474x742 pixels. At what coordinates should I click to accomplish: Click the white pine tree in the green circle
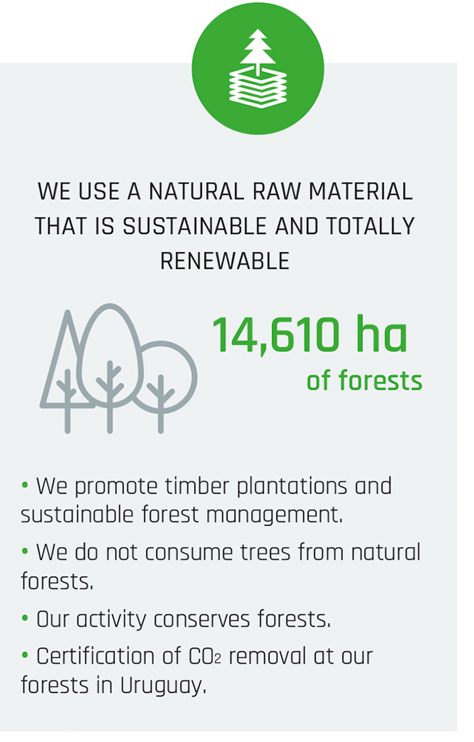click(x=258, y=50)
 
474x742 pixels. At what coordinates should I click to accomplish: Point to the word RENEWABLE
click(x=224, y=261)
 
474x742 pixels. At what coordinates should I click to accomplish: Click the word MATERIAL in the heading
click(x=360, y=191)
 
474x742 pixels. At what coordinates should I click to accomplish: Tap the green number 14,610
click(x=276, y=335)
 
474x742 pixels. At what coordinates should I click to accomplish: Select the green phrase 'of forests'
click(x=364, y=381)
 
